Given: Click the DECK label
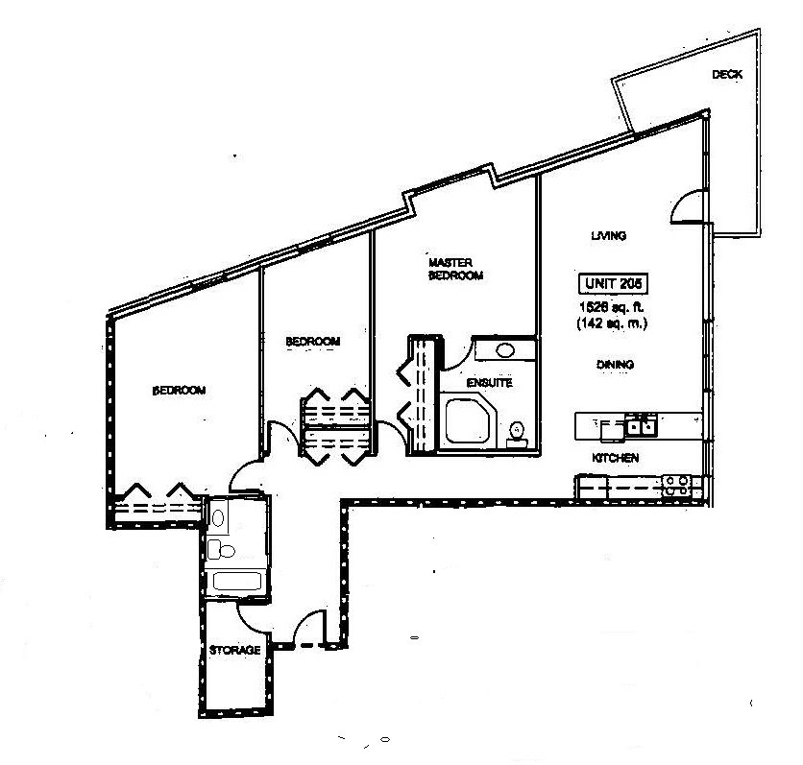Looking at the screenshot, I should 727,75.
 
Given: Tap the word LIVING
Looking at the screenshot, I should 609,235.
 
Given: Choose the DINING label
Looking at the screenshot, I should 615,365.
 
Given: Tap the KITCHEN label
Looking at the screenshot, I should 616,459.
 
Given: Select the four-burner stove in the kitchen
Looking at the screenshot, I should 676,486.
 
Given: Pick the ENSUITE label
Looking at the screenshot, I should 489,383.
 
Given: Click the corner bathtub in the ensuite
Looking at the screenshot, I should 467,420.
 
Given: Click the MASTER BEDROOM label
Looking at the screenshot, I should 454,269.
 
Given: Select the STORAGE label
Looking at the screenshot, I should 235,651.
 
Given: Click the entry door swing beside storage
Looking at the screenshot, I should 310,630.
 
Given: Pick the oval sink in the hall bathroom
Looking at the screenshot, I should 219,517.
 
